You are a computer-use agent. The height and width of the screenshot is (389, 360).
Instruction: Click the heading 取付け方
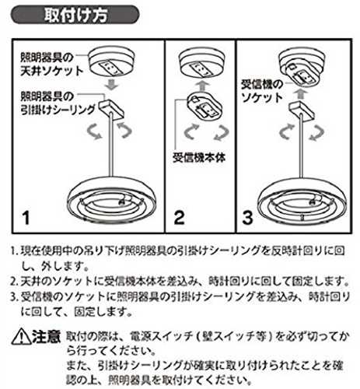click(x=75, y=15)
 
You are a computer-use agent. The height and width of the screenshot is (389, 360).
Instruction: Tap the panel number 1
click(x=26, y=218)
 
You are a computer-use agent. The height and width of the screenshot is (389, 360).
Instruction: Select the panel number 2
click(x=179, y=218)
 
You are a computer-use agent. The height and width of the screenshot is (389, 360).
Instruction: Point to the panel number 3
click(x=247, y=218)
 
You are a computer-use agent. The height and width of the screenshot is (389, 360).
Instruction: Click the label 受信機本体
click(x=199, y=158)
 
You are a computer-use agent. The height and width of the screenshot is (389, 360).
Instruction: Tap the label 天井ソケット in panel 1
click(x=51, y=71)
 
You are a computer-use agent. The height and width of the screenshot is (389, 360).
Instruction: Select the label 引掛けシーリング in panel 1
click(x=58, y=110)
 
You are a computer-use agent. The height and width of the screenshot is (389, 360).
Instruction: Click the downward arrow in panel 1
click(x=112, y=85)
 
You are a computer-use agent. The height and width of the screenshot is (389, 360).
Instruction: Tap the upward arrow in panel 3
click(x=299, y=93)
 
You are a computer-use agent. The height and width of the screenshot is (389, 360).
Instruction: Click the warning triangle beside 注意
click(x=21, y=337)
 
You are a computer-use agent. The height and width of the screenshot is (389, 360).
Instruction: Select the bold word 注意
click(x=46, y=336)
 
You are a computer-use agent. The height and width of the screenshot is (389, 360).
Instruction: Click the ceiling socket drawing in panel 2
click(x=202, y=64)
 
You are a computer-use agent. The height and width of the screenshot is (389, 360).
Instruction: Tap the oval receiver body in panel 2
click(x=204, y=107)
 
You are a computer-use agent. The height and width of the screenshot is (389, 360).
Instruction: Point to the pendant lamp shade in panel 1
click(x=111, y=199)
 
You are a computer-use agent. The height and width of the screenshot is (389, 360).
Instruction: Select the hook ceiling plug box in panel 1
click(x=111, y=109)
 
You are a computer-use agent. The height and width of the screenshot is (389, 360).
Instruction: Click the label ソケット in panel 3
click(x=261, y=98)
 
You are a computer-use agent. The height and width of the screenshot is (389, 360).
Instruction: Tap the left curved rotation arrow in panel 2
click(x=190, y=131)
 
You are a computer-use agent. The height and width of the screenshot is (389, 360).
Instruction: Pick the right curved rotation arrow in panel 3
click(x=316, y=133)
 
